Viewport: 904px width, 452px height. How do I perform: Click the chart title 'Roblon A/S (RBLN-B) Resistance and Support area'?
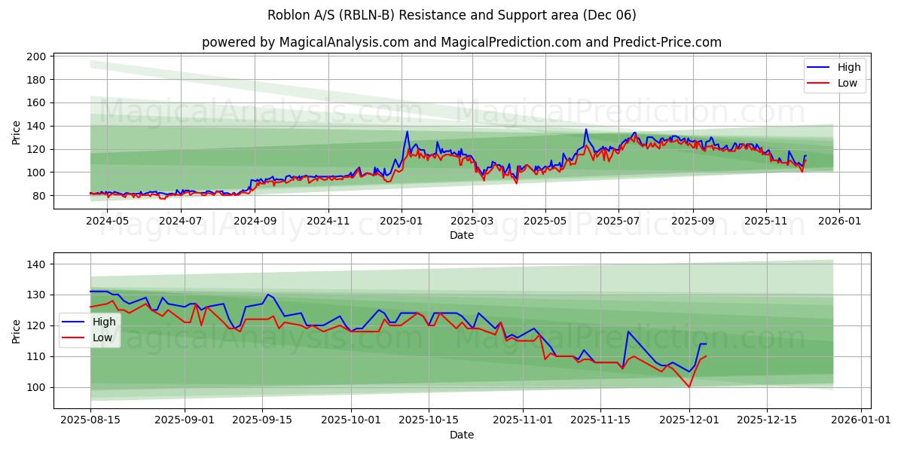tap(451, 15)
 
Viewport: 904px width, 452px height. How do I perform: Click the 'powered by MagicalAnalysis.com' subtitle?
tap(461, 42)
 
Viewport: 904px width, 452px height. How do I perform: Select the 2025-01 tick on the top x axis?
tap(401, 221)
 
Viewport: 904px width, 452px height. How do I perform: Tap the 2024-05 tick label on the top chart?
tap(108, 221)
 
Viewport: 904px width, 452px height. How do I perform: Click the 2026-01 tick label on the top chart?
tap(838, 221)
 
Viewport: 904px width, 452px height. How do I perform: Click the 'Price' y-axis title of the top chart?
tap(17, 133)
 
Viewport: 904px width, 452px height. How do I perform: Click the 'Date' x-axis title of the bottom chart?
tap(461, 435)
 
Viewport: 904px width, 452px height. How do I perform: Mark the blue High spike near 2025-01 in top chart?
tap(408, 132)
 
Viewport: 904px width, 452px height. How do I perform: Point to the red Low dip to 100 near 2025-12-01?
tap(689, 386)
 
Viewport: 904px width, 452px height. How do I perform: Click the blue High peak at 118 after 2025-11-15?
tap(628, 331)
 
